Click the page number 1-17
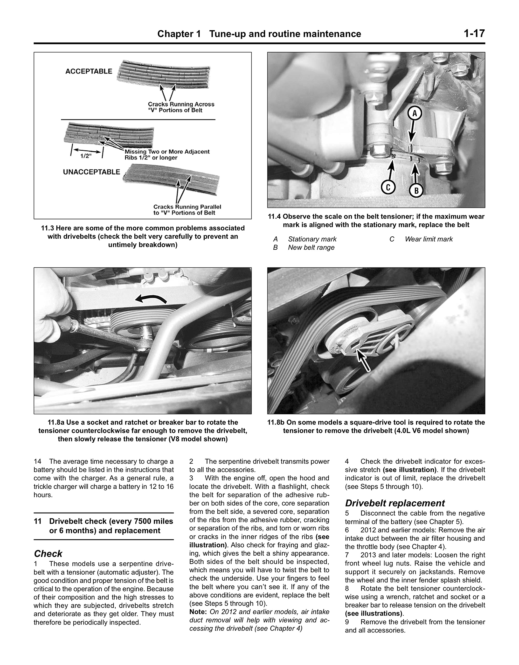pyautogui.click(x=474, y=33)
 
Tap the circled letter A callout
pyautogui.click(x=414, y=114)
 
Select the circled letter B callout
pyautogui.click(x=416, y=191)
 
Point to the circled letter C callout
pyautogui.click(x=388, y=187)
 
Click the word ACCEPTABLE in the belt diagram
pyautogui.click(x=89, y=71)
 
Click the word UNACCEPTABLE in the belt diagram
pyautogui.click(x=92, y=172)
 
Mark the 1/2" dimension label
pyautogui.click(x=86, y=156)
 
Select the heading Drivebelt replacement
pyautogui.click(x=395, y=503)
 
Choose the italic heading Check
pyautogui.click(x=48, y=554)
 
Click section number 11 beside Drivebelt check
pyautogui.click(x=37, y=521)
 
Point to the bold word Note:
pyautogui.click(x=198, y=612)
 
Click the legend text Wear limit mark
pyautogui.click(x=428, y=239)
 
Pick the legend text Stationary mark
pyautogui.click(x=312, y=239)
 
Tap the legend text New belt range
pyautogui.click(x=311, y=247)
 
